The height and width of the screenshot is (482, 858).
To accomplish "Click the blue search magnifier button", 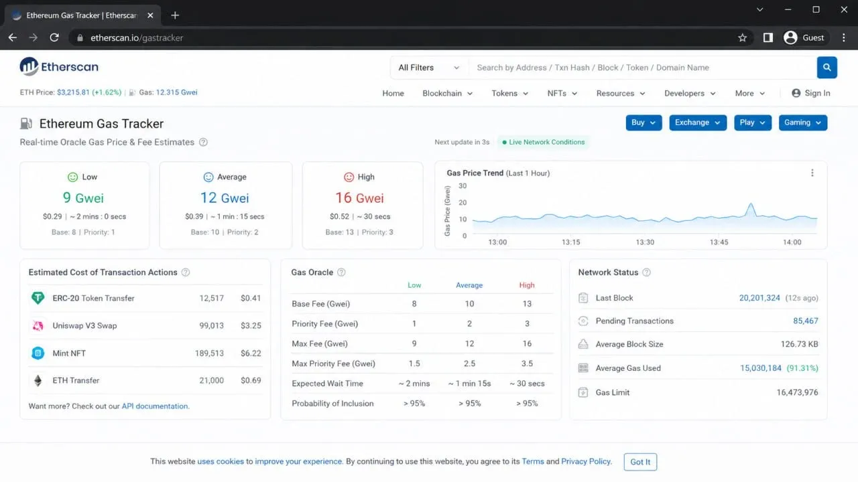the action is (826, 68).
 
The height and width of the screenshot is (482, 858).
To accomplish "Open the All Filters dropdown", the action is (428, 68).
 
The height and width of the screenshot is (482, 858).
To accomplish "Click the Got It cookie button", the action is (640, 462).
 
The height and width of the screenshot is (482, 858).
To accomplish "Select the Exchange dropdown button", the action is (698, 123).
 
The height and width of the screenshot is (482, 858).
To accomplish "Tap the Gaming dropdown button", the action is (802, 123).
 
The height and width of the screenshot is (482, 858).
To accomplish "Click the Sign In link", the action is (810, 93).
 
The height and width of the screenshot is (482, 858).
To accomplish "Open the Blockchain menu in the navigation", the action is (447, 93).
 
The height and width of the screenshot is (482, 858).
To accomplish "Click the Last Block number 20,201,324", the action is (759, 298).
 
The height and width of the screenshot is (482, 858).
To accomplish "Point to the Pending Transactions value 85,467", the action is (805, 321).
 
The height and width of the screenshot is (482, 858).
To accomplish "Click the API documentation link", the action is (155, 406).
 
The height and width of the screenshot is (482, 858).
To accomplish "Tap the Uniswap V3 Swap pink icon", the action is (38, 325).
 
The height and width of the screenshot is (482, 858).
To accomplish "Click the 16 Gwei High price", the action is (359, 197).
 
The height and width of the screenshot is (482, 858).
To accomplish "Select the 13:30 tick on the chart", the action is (645, 242).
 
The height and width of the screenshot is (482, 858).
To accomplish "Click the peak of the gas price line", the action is (751, 204).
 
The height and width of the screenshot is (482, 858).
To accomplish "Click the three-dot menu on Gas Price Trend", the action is (812, 173).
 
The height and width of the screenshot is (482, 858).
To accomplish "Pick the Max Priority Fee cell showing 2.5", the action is (469, 364).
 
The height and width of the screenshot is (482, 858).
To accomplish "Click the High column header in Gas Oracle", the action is (527, 285).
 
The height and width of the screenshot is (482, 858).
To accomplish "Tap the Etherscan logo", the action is (59, 66).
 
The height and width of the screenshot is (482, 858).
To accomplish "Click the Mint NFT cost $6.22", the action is (251, 353).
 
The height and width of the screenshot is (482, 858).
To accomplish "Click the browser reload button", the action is (54, 37).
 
